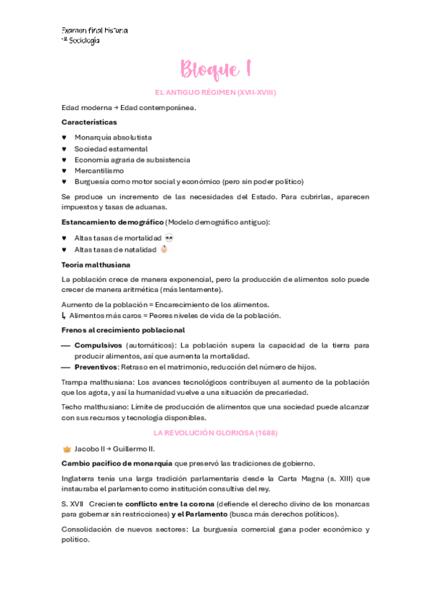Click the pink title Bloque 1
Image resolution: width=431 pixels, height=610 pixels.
pos(215,70)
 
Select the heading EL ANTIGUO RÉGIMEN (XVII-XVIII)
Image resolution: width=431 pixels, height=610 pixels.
pos(215,93)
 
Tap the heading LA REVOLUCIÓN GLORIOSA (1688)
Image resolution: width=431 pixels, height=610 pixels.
pos(215,433)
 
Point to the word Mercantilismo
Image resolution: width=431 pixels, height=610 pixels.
pos(99,170)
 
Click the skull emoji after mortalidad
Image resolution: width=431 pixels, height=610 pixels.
pos(169,237)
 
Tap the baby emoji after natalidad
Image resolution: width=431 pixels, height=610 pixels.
pos(164,249)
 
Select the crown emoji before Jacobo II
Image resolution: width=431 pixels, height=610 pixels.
pos(67,448)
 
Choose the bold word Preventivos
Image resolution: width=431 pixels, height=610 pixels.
pos(96,367)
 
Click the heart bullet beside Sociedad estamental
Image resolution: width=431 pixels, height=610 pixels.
pos(64,149)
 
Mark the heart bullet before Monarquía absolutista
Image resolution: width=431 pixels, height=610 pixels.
pos(64,137)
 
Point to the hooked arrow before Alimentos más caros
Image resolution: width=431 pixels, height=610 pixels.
pos(64,316)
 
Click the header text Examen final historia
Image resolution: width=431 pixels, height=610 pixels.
pos(94,31)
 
